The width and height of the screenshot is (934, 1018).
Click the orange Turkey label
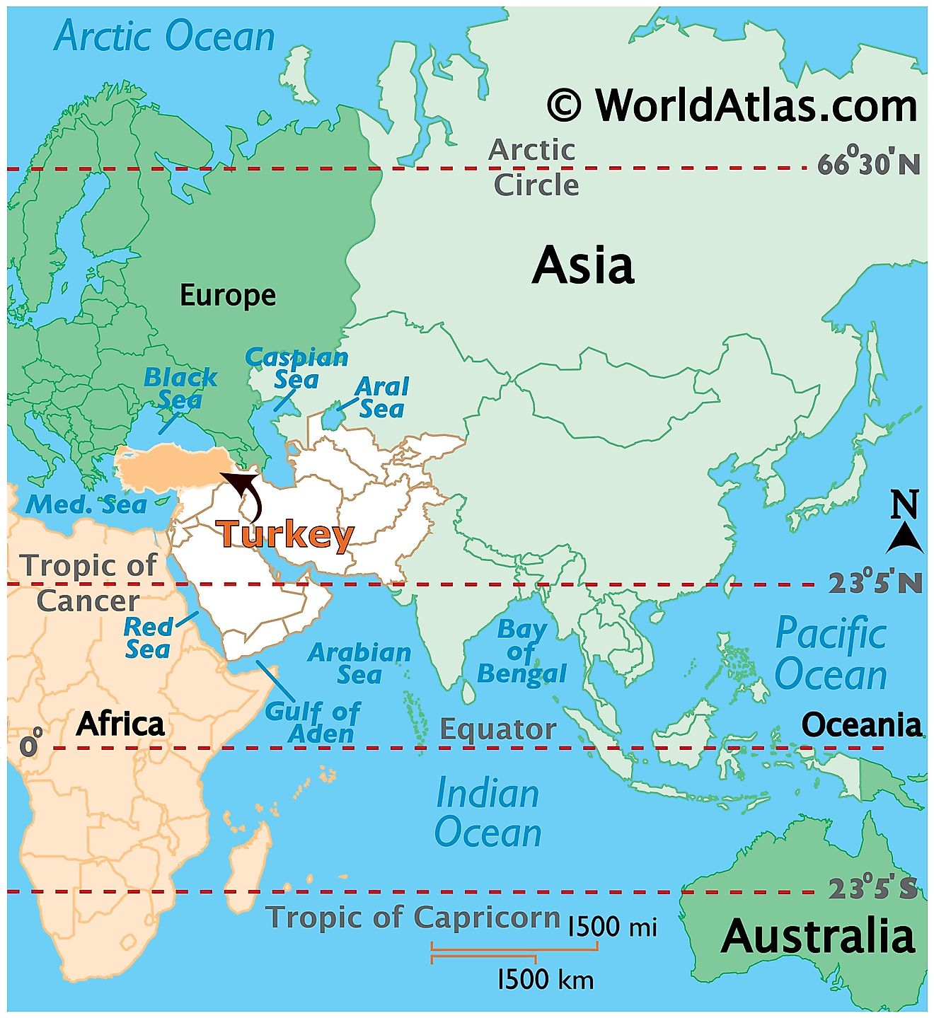pos(284,534)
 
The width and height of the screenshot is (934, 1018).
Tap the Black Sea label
pos(180,388)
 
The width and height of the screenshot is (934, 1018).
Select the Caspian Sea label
pos(296,369)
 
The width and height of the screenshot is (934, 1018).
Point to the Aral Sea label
pos(381,398)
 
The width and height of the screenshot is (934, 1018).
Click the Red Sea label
pos(148,637)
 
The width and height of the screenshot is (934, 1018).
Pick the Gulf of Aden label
pos(313,722)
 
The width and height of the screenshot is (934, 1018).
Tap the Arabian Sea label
pos(359,663)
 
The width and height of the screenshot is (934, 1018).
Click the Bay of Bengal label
pos(521,652)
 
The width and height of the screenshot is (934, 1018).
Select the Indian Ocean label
pos(488,813)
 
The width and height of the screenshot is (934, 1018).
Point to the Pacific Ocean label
pos(831,653)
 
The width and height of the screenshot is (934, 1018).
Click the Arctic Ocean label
pos(164,36)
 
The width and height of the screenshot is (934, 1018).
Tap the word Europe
pos(228,295)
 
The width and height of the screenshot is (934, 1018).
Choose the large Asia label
pos(583,265)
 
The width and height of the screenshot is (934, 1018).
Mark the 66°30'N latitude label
pos(869,164)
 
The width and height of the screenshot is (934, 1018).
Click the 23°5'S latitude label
pos(872,888)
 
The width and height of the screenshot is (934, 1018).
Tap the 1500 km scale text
pos(546,980)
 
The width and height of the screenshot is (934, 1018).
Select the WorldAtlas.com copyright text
pos(732,105)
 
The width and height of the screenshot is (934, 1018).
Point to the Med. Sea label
pos(86,504)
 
